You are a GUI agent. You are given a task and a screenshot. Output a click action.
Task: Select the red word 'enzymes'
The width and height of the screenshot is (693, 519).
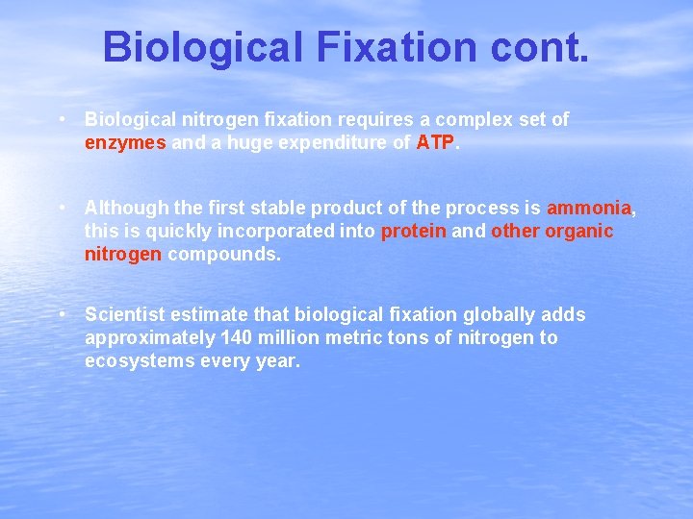125,142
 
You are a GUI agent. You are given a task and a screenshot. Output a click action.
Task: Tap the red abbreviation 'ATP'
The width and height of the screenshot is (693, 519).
434,142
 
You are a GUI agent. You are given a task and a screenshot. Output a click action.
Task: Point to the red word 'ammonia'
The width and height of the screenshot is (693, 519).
589,208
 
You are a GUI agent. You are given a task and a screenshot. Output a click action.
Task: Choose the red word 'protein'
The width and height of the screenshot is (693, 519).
414,231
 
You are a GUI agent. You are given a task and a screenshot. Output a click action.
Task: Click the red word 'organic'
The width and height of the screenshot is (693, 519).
579,231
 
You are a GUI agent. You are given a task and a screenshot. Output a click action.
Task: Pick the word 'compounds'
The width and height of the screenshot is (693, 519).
223,255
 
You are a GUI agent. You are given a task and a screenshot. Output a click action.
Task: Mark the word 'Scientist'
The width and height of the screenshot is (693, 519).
125,315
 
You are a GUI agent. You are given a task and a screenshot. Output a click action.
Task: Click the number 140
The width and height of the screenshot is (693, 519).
238,338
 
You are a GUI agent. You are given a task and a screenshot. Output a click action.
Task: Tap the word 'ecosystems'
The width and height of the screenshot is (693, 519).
134,361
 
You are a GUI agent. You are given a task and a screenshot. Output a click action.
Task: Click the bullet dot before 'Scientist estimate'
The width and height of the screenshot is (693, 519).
62,314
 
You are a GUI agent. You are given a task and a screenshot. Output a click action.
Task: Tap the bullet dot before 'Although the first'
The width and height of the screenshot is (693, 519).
62,207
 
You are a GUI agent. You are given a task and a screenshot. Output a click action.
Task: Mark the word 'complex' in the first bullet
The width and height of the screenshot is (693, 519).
466,119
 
